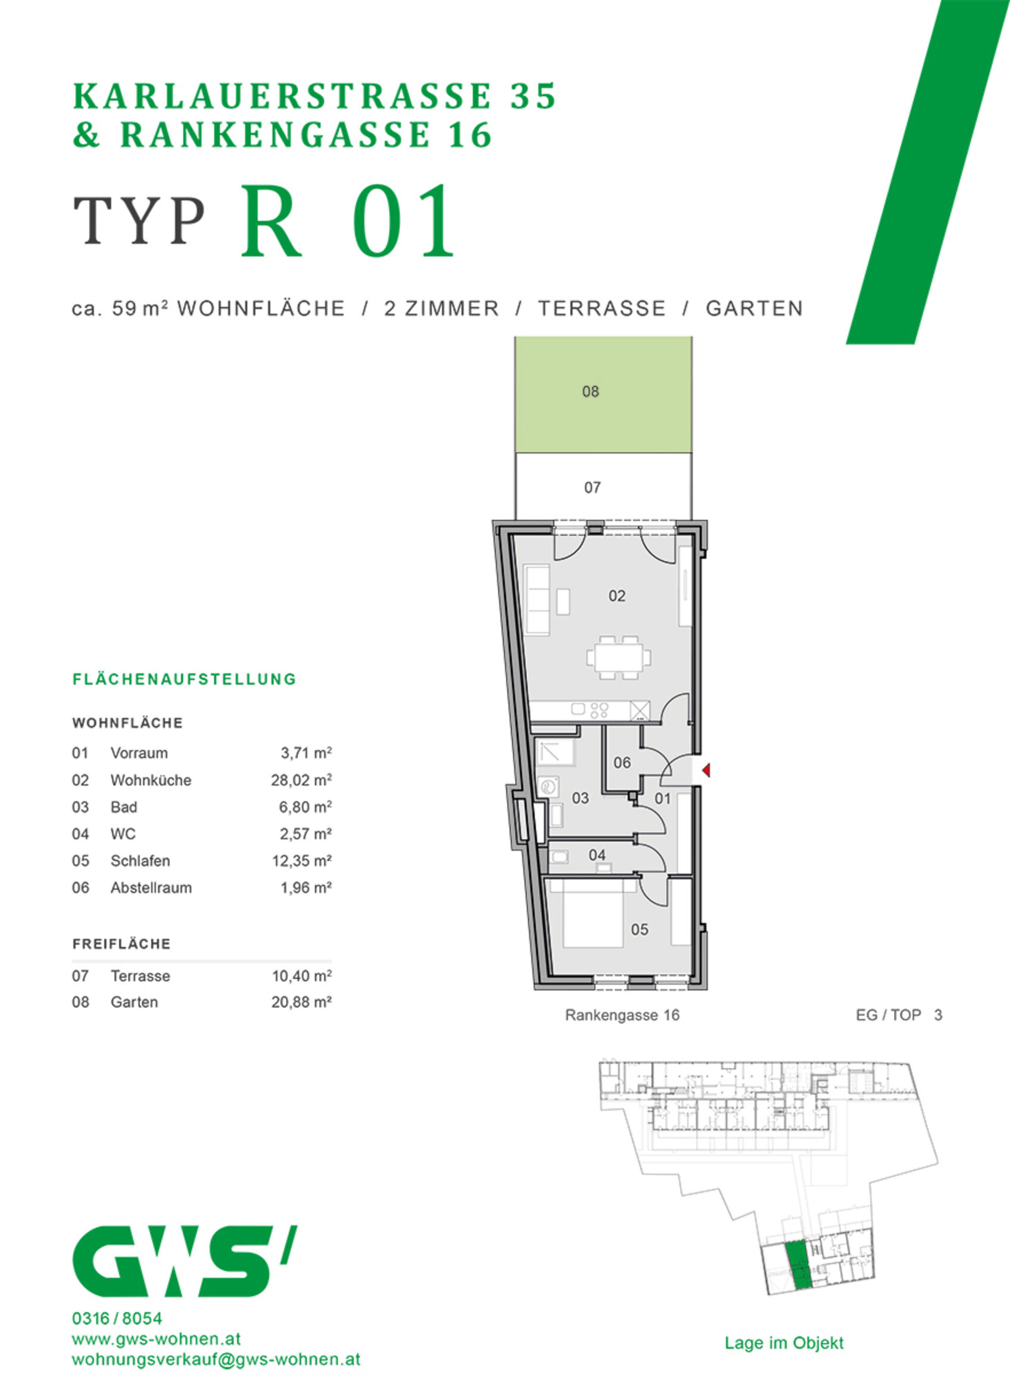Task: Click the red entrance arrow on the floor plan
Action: (x=706, y=770)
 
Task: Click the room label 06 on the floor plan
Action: (x=622, y=762)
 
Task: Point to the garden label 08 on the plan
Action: (x=590, y=392)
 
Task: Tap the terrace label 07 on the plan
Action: (x=592, y=487)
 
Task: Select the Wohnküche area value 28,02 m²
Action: (x=301, y=780)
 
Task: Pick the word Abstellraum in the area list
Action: (x=151, y=888)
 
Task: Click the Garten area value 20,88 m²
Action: (x=301, y=1003)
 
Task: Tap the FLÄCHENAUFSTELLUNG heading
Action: (x=184, y=679)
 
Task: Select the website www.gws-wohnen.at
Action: (x=157, y=1338)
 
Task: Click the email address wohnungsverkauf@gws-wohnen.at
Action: (x=216, y=1359)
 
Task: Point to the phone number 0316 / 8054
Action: (x=117, y=1319)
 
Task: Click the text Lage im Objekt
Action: (x=784, y=1343)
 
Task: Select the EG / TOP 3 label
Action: (x=899, y=1014)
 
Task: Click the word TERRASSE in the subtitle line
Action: (x=601, y=308)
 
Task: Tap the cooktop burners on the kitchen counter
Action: (x=599, y=710)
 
